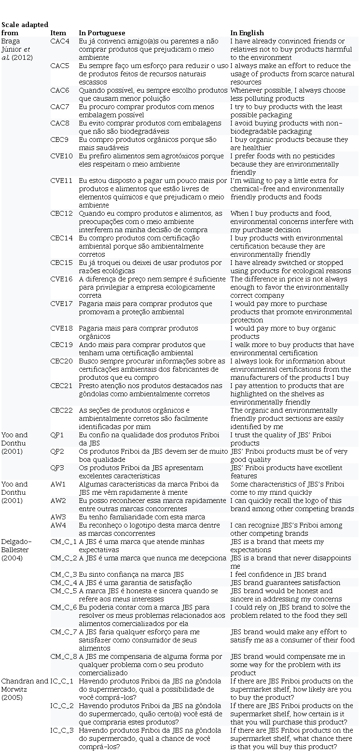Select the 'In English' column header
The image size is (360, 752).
click(x=247, y=33)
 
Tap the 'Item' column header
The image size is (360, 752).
click(x=58, y=33)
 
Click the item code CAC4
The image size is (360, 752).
click(x=60, y=41)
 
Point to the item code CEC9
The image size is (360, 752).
click(x=60, y=139)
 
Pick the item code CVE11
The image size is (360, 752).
click(x=61, y=181)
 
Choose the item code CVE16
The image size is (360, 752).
click(x=61, y=279)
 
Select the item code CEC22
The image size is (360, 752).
click(x=61, y=410)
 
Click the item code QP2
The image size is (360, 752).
click(x=57, y=451)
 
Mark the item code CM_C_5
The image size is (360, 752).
click(x=64, y=591)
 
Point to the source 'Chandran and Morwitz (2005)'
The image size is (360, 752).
click(x=24, y=689)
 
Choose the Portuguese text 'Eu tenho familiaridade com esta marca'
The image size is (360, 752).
click(x=135, y=517)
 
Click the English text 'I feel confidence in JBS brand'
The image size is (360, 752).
click(x=278, y=574)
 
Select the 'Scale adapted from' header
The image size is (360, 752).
click(x=24, y=28)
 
